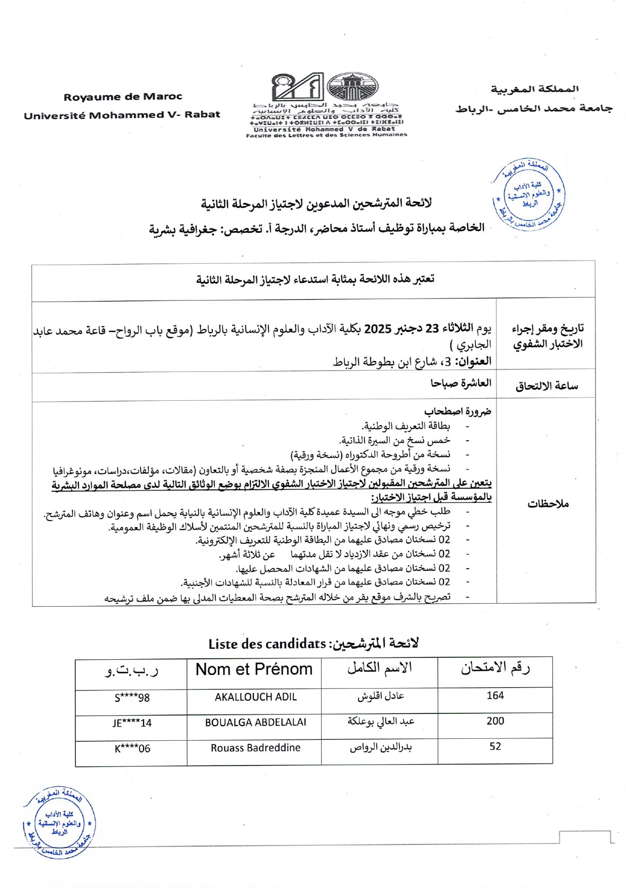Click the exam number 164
[x=495, y=696]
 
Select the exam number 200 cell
[x=495, y=721]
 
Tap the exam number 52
[x=495, y=746]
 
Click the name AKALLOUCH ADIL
[x=255, y=697]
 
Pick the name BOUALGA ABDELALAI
[x=255, y=723]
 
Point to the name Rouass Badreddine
[x=255, y=748]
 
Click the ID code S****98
[x=132, y=698]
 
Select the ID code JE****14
[x=132, y=724]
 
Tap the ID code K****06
[x=132, y=749]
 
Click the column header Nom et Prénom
[x=254, y=669]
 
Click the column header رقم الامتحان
[x=495, y=668]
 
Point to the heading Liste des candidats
[x=267, y=644]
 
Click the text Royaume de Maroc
[x=123, y=97]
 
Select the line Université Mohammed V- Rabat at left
[x=122, y=115]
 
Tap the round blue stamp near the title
[x=528, y=195]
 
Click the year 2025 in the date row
[x=378, y=329]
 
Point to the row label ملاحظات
[x=548, y=504]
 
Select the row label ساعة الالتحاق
[x=547, y=387]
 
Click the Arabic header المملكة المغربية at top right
[x=534, y=89]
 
